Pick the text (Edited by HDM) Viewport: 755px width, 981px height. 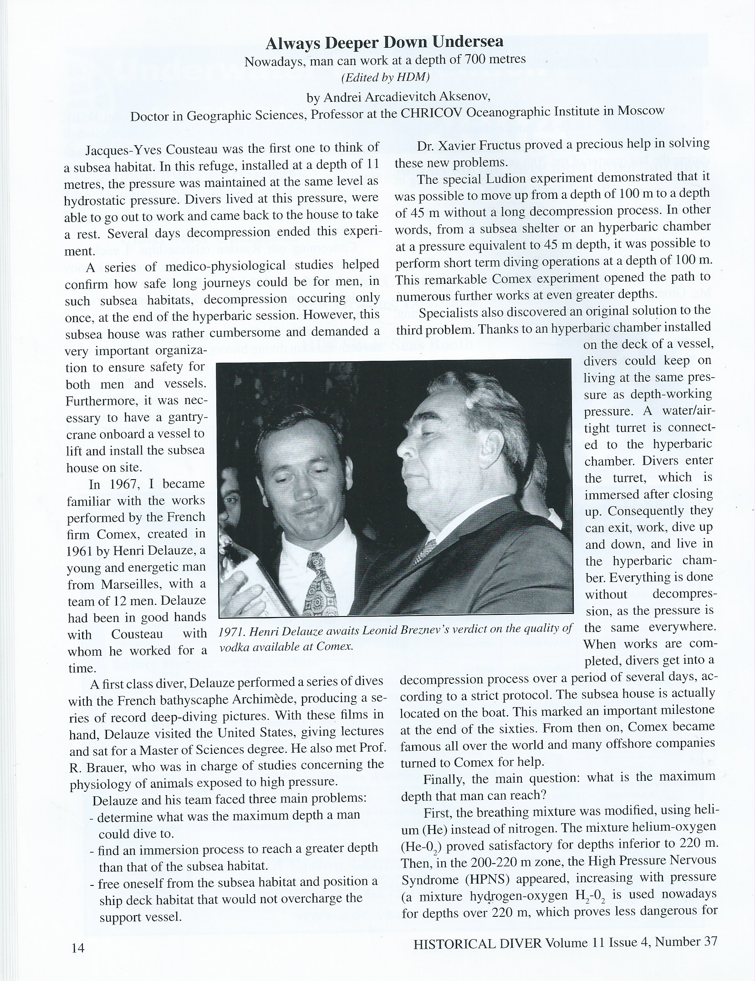(x=385, y=77)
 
